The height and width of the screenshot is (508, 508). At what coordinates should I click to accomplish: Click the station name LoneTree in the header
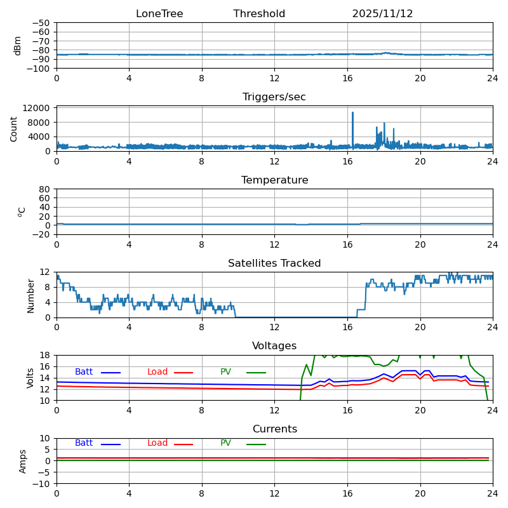click(159, 14)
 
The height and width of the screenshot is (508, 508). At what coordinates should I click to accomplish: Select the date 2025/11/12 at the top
click(382, 14)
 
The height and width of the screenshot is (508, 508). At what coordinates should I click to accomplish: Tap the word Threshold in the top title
click(259, 14)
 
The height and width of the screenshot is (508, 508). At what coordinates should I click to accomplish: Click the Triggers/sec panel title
click(274, 97)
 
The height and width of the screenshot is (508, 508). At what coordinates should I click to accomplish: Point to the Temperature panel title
click(274, 180)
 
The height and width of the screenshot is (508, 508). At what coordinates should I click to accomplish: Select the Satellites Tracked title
click(274, 264)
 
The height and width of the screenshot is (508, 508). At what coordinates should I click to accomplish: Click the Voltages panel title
click(274, 346)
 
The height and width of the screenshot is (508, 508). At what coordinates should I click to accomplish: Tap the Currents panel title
click(274, 429)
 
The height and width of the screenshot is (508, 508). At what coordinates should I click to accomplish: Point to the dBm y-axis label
click(18, 45)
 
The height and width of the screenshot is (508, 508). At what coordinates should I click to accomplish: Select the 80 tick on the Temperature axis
click(45, 189)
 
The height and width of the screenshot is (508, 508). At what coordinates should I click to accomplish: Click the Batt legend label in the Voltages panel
click(84, 372)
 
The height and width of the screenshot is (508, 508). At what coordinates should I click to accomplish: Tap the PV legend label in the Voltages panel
click(225, 372)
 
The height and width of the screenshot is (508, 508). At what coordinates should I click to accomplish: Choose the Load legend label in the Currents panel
click(157, 443)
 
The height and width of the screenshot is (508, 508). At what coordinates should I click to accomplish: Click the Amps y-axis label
click(23, 461)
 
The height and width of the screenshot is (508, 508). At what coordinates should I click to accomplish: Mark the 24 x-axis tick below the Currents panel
click(493, 493)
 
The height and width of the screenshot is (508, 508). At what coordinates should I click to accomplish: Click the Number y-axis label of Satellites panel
click(30, 295)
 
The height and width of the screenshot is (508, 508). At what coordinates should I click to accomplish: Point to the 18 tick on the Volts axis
click(45, 355)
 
